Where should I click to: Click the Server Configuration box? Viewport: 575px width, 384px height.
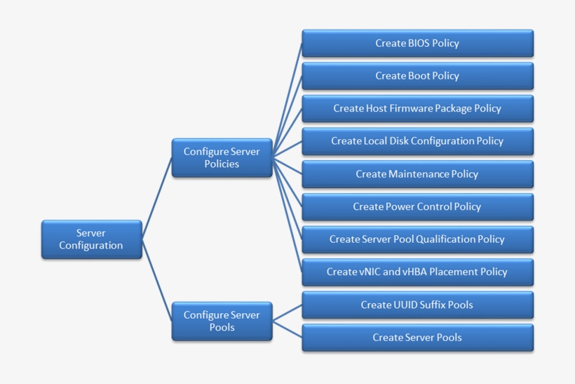91,239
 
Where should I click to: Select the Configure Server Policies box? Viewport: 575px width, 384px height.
222,158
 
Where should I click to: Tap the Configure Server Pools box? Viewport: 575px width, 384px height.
222,321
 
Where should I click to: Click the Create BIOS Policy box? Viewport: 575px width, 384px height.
417,44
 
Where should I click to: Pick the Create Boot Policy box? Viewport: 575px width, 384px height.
417,76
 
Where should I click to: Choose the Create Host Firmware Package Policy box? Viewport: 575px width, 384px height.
417,109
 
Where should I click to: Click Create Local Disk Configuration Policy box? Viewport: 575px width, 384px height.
417,141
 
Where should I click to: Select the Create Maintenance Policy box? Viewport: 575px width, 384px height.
417,174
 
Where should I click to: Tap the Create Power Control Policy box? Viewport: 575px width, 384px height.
417,206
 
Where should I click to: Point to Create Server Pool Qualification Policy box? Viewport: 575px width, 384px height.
417,239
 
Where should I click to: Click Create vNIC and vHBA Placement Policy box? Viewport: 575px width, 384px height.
417,272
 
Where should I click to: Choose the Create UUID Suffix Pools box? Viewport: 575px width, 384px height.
417,305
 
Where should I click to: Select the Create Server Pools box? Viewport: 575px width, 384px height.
417,338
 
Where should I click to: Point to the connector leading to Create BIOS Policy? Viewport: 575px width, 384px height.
288,98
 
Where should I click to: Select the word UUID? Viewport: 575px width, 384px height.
398,305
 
